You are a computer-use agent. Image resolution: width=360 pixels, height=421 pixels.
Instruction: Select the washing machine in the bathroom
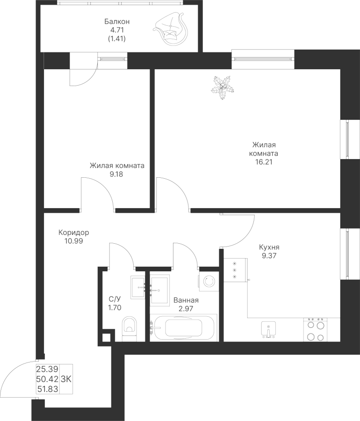(208, 281)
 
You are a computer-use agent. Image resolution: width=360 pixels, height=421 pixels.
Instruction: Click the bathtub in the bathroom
(183, 327)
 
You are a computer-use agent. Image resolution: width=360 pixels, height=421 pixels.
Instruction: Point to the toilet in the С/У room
(129, 327)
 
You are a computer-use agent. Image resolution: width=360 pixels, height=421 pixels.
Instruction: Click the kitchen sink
(268, 329)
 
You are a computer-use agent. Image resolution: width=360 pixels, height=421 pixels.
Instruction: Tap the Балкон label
(116, 22)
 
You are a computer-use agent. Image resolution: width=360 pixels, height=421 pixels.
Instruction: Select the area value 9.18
(117, 174)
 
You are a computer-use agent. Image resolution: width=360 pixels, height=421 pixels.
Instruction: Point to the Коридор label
(74, 232)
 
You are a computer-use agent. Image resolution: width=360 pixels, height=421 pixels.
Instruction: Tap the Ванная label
(186, 300)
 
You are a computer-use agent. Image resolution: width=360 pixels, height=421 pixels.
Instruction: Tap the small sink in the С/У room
(138, 286)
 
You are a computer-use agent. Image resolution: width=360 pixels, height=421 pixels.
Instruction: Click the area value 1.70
(115, 308)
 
